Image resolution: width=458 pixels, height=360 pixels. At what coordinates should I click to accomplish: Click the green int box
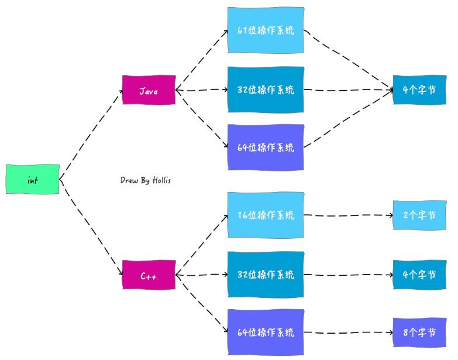point(33,180)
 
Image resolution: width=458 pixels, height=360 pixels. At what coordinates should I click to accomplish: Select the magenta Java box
point(149,91)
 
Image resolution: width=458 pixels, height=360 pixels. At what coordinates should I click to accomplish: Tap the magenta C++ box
point(149,275)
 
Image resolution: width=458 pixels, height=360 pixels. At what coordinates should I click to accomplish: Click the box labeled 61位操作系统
point(266,30)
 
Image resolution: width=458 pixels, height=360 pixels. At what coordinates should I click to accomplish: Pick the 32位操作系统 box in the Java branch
point(266,90)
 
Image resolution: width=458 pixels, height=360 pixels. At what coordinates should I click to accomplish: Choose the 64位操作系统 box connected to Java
point(266,147)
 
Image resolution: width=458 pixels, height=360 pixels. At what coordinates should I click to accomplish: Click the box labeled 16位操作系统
point(266,215)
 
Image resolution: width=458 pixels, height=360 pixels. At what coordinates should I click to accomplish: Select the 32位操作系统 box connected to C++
point(266,274)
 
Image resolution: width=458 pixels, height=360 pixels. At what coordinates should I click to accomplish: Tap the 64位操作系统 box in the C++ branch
point(266,332)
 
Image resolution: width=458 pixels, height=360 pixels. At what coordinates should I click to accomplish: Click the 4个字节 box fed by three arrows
point(419,90)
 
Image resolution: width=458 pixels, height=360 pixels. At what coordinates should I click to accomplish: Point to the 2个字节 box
point(419,215)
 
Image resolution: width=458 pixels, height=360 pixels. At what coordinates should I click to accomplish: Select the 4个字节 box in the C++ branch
point(419,274)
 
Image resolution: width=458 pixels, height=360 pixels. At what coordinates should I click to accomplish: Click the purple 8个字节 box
point(419,332)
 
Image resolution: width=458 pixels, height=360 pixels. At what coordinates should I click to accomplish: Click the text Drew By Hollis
point(146,181)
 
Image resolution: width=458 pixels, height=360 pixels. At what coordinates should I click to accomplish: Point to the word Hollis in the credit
point(160,181)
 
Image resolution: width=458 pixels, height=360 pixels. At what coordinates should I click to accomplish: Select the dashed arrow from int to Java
point(91,134)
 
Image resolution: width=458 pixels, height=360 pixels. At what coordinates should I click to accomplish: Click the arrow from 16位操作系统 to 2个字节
point(349,215)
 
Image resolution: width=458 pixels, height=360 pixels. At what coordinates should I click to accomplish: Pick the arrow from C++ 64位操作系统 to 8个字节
point(349,332)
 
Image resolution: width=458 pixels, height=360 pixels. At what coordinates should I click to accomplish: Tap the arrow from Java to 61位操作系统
point(202,59)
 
